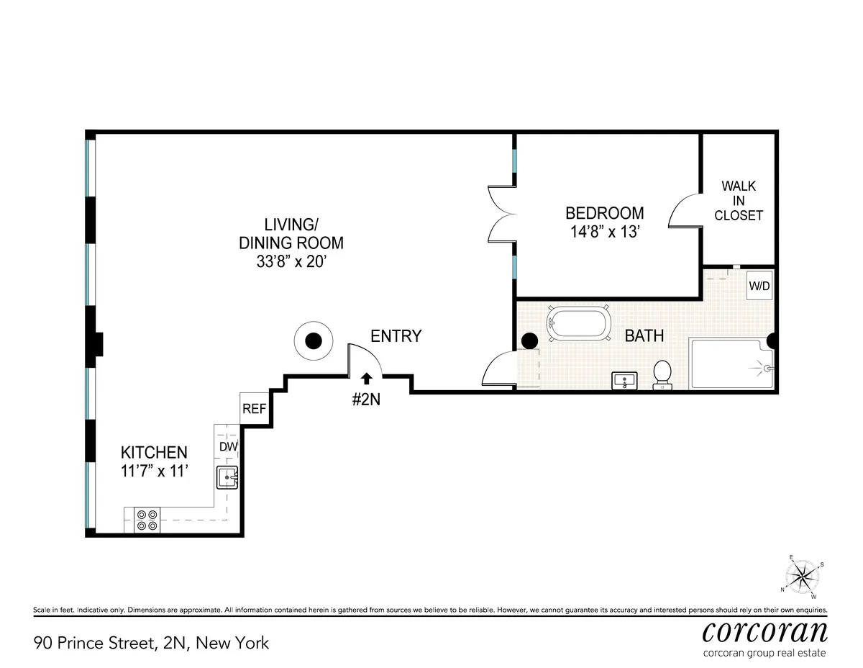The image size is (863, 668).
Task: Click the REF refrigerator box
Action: coord(254,408)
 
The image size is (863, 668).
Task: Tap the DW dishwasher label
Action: coord(227,446)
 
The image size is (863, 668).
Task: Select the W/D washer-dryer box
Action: coord(759,285)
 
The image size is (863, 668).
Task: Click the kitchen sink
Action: coord(228,476)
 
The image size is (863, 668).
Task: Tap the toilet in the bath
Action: coord(662,374)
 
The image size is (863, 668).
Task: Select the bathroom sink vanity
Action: coord(624,381)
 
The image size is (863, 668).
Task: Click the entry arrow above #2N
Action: coord(367,376)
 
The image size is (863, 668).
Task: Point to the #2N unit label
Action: coord(367,400)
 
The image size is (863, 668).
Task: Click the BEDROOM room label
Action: coord(604,213)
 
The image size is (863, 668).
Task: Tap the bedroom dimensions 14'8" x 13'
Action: coord(604,233)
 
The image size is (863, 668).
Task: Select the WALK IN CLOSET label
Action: coord(739,201)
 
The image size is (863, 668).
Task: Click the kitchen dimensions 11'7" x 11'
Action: coord(154,471)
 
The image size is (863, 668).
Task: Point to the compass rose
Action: coord(804,576)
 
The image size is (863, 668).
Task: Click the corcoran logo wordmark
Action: coord(764,631)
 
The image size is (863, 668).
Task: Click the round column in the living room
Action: coord(314,341)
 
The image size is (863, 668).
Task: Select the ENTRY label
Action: coord(396,336)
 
